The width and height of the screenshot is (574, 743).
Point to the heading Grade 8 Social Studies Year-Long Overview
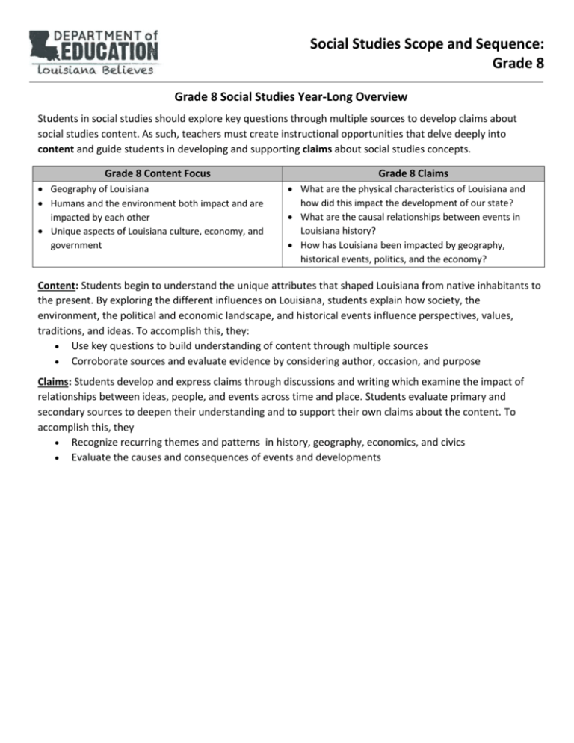[287, 97]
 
